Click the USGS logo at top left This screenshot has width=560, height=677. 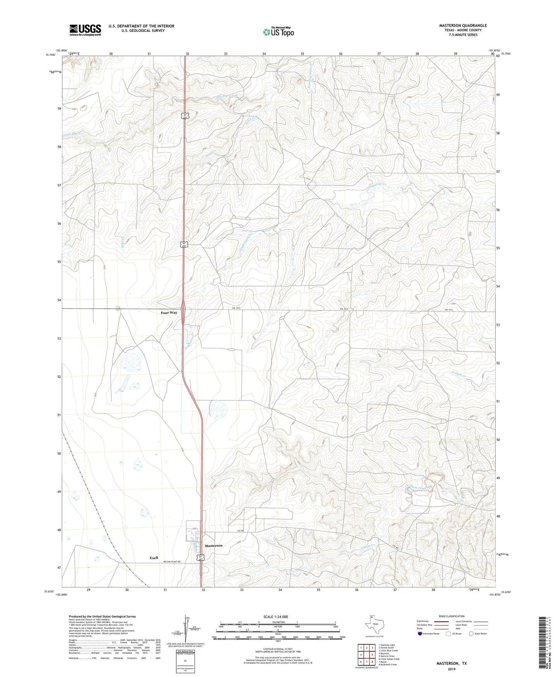pyautogui.click(x=85, y=30)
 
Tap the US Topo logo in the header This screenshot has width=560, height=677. pyautogui.click(x=278, y=32)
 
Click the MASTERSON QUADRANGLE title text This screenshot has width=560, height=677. pyautogui.click(x=463, y=26)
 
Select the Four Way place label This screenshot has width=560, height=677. pyautogui.click(x=169, y=313)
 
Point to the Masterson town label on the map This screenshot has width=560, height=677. pyautogui.click(x=214, y=546)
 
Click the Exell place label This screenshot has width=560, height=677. pyautogui.click(x=154, y=558)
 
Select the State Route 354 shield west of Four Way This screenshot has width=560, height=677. pyautogui.click(x=117, y=309)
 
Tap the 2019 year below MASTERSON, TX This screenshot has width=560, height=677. pyautogui.click(x=451, y=669)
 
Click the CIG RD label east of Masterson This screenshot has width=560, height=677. pyautogui.click(x=240, y=531)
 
